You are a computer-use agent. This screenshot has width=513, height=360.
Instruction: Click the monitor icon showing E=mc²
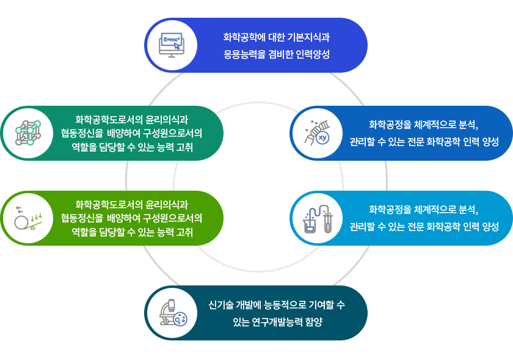click(x=172, y=45)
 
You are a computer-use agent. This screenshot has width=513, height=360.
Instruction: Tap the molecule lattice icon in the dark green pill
click(x=28, y=133)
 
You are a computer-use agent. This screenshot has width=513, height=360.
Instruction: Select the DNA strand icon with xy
click(x=317, y=133)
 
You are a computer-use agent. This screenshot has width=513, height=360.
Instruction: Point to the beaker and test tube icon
click(x=318, y=218)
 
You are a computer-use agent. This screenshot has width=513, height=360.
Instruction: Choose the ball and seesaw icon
click(x=28, y=218)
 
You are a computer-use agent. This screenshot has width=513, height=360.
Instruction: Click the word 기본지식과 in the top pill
click(x=308, y=37)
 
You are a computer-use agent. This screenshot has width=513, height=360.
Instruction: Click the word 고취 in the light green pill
click(x=184, y=232)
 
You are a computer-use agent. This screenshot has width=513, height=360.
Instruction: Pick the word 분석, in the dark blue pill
click(x=468, y=125)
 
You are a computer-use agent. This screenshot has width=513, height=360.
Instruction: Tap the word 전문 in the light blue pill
click(x=415, y=226)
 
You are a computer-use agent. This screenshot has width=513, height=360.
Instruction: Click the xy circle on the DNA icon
click(x=323, y=138)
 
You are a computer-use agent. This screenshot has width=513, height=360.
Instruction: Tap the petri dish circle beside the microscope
click(x=180, y=318)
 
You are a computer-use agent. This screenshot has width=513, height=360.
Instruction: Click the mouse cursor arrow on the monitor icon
click(x=177, y=46)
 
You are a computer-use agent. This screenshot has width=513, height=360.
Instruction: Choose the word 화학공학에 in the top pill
click(x=244, y=37)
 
